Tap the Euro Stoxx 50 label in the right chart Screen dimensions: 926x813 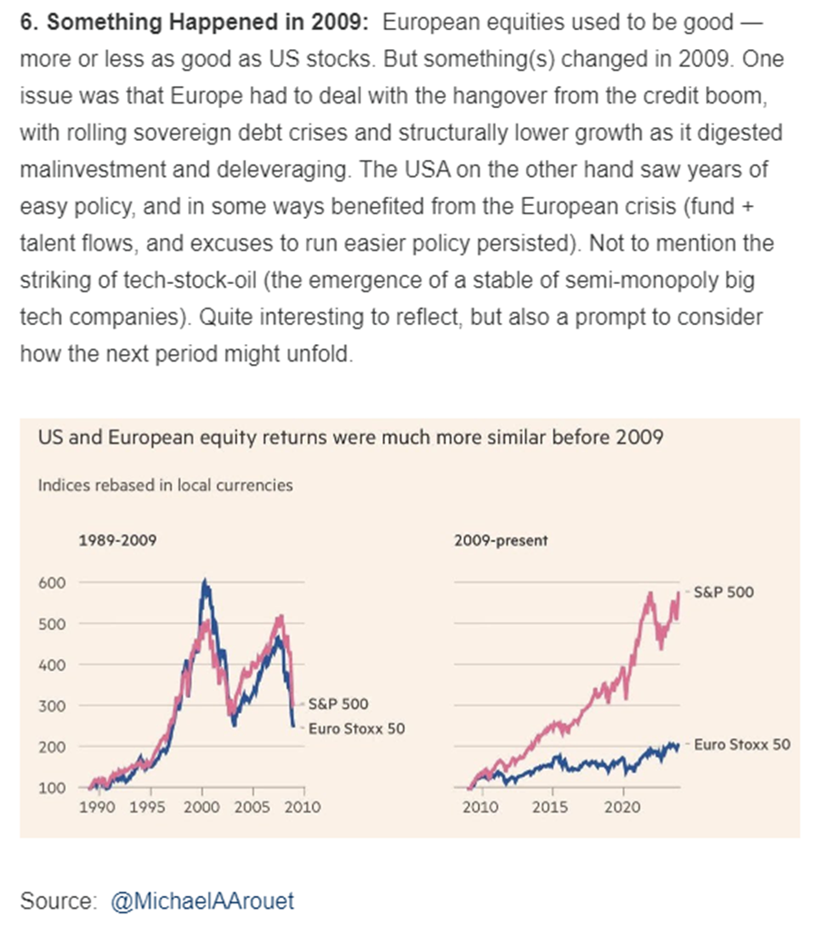click(741, 744)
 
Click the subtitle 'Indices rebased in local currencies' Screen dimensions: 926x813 click(165, 485)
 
